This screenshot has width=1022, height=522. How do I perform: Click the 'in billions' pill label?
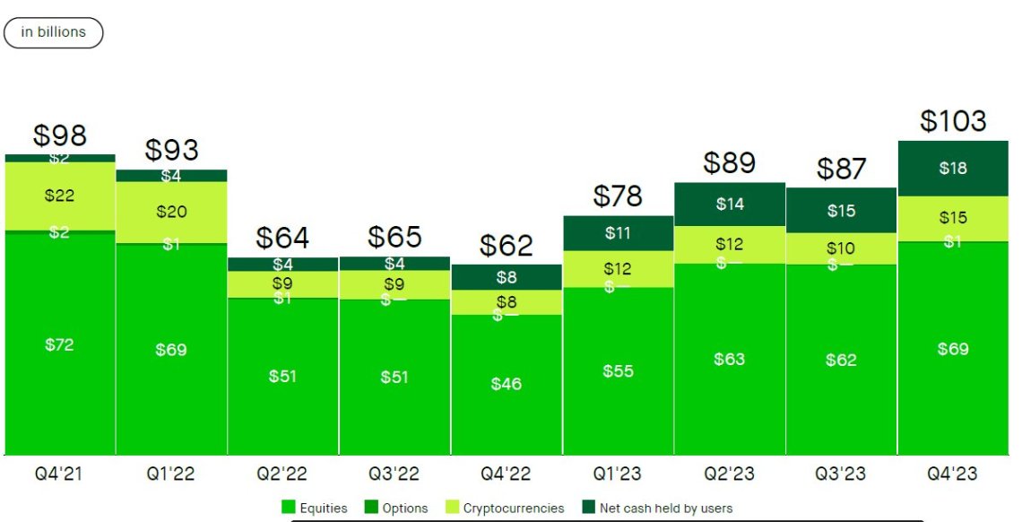[54, 32]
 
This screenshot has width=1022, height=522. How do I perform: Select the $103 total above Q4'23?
[953, 121]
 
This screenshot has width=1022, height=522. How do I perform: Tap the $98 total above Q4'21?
[60, 135]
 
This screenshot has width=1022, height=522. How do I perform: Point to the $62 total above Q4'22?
[506, 245]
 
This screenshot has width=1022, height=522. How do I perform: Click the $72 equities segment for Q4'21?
[60, 344]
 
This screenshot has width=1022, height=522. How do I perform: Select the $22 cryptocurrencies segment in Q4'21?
[60, 196]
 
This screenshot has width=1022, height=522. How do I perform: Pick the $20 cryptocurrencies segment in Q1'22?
[171, 212]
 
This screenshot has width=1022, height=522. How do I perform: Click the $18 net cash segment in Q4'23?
[953, 168]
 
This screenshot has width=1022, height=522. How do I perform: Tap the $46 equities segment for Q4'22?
[506, 384]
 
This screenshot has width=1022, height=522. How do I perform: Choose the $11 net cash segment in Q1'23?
[618, 233]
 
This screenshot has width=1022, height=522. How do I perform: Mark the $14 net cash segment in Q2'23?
[730, 204]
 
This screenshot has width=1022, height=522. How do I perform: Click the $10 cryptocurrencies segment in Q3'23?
[841, 248]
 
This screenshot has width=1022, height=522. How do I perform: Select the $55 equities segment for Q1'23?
[618, 370]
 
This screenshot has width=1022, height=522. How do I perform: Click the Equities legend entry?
[315, 508]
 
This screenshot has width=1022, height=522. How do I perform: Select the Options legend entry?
[396, 508]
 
